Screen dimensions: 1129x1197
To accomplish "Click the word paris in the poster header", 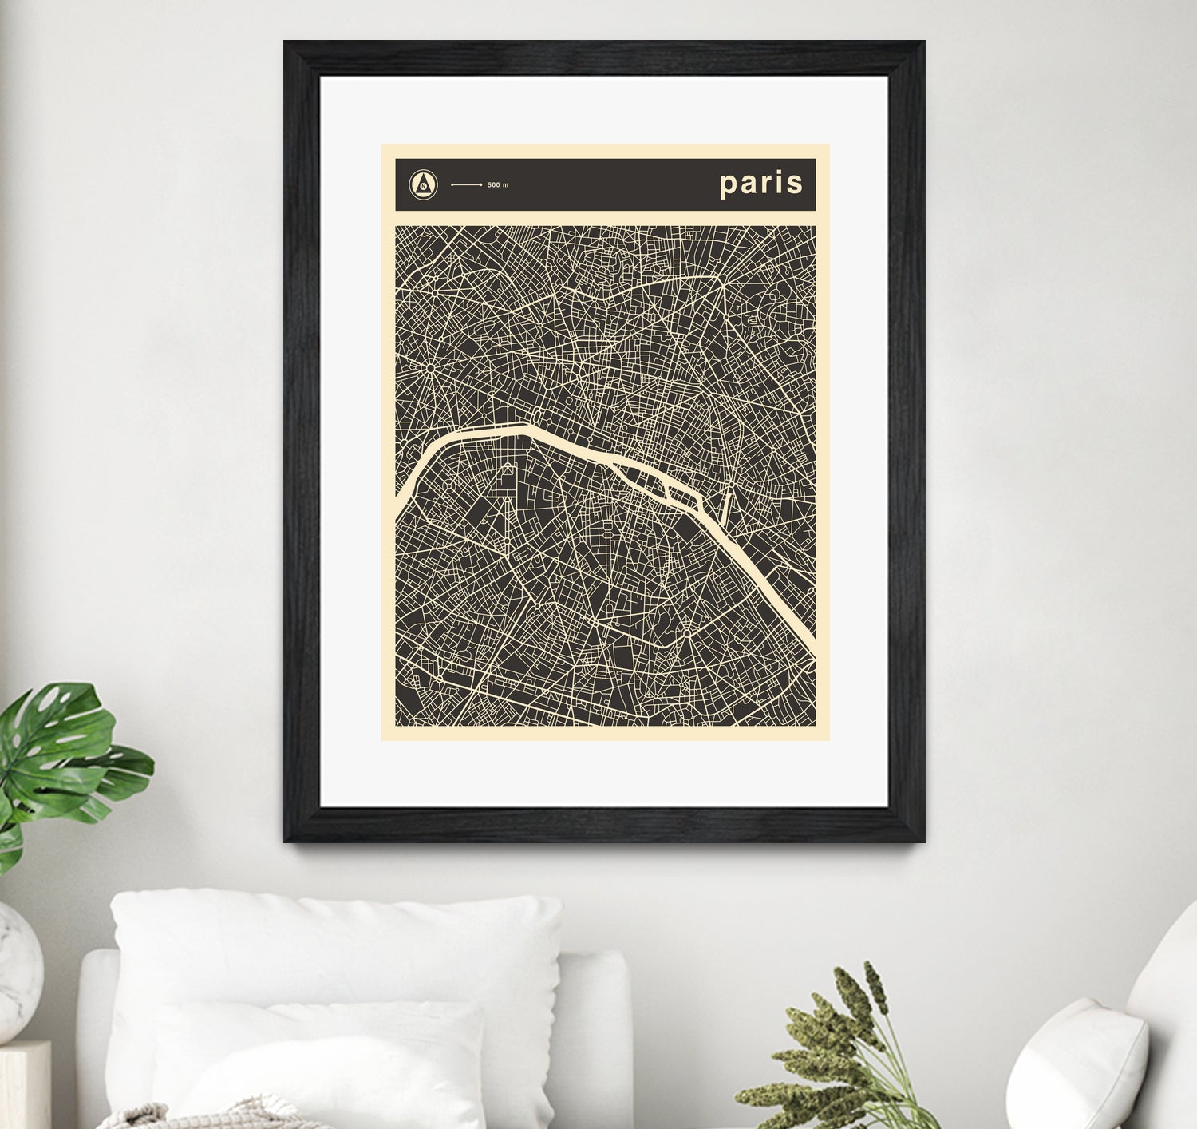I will [x=761, y=184].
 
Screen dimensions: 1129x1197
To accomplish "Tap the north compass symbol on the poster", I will [x=424, y=184].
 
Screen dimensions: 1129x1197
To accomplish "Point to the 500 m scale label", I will [x=498, y=185].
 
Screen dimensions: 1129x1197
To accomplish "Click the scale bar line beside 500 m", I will [x=467, y=184].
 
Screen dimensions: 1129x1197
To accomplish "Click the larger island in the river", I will [x=638, y=474].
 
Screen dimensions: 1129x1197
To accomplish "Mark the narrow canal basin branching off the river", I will [x=726, y=508].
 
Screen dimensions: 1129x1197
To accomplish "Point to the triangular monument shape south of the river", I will [x=507, y=481].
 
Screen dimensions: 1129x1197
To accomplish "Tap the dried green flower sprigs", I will [x=846, y=1038].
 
